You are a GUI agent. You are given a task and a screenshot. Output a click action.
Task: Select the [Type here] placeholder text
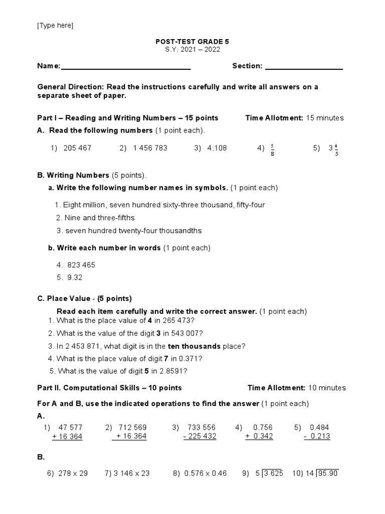click(55, 26)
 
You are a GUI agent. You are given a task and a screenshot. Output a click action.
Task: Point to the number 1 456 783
click(150, 148)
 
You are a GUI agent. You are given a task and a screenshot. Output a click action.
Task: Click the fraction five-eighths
click(272, 150)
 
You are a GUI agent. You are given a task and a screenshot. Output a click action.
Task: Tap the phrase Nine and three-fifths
click(99, 218)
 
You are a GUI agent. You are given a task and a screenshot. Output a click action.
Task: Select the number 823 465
click(81, 265)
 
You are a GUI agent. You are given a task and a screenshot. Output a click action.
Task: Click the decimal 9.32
click(75, 277)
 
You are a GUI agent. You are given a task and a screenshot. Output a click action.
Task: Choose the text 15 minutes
click(324, 118)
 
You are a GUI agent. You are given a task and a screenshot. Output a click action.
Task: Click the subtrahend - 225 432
click(200, 437)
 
